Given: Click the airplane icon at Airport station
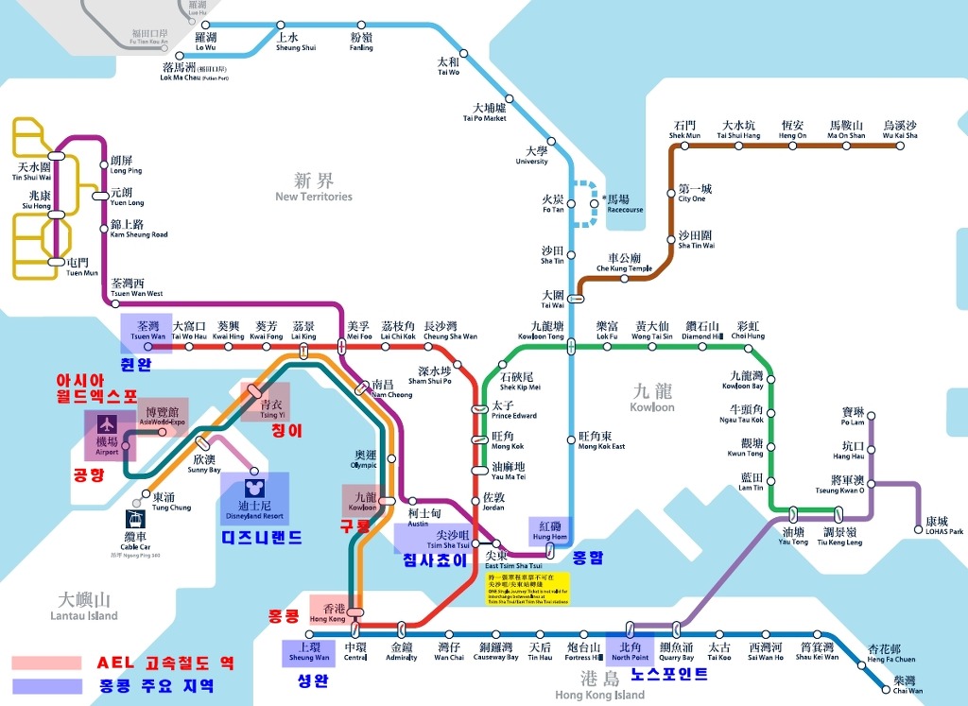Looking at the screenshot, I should click(102, 422).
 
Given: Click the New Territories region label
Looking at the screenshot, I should click(314, 187).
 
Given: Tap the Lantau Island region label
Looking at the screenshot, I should click(84, 606).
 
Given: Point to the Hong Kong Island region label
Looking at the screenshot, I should click(599, 686).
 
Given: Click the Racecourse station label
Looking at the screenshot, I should click(624, 204).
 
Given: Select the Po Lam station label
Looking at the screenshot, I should click(853, 418).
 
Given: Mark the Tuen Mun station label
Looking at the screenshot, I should click(82, 267).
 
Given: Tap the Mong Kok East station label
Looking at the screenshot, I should click(601, 441).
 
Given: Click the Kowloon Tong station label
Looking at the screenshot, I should click(541, 331).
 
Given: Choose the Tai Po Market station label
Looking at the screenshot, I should click(485, 112).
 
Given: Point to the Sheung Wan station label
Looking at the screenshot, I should click(308, 652).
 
